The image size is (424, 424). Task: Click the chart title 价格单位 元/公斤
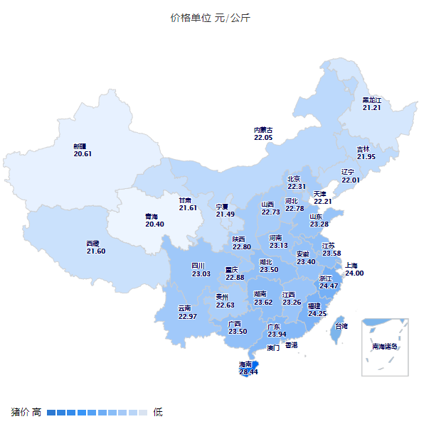[x=210, y=18]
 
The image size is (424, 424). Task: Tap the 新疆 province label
[x=80, y=146]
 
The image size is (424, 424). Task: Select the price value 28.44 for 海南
[x=248, y=371]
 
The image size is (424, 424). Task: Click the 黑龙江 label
[x=372, y=100]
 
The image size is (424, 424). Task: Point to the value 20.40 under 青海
[x=154, y=224]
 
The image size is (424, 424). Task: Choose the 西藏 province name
[x=93, y=244]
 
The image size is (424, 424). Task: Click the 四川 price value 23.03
[x=201, y=273]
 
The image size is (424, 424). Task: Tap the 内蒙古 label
[x=263, y=130]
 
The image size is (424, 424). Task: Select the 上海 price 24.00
[x=354, y=273]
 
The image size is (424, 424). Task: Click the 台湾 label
[x=341, y=326]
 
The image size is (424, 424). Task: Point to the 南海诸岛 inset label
[x=385, y=347]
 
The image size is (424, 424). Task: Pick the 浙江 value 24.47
[x=329, y=286]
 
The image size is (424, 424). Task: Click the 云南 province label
[x=185, y=308]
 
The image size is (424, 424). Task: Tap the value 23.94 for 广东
[x=277, y=334]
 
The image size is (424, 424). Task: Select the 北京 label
[x=294, y=179]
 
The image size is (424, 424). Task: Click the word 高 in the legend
[x=36, y=412]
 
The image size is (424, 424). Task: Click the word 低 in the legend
[x=158, y=412]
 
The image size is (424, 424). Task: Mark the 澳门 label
[x=273, y=349]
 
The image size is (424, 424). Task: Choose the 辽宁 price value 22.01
[x=351, y=180]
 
